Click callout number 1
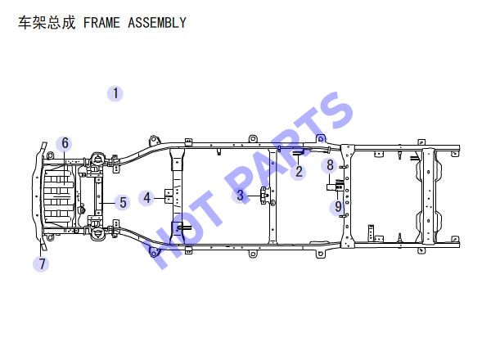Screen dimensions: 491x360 (x=115, y=93)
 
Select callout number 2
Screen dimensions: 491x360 (x=299, y=172)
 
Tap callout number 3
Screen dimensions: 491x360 (x=240, y=195)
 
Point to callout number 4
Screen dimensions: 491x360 (x=146, y=198)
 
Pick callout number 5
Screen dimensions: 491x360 (x=123, y=202)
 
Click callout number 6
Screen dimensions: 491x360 (x=65, y=143)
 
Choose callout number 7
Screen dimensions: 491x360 (x=42, y=264)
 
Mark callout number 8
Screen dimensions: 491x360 (x=330, y=165)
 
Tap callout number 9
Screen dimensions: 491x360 (x=338, y=207)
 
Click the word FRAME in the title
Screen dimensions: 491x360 (x=101, y=23)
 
